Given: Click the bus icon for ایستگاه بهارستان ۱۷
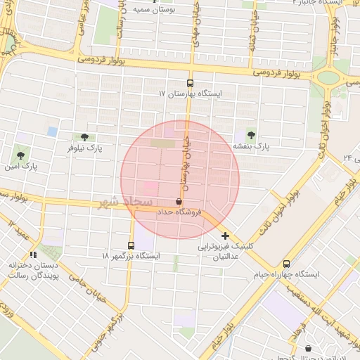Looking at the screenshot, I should click(x=191, y=82).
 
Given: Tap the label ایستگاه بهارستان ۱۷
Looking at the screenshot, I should click(x=191, y=93).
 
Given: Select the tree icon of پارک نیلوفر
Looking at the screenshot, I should click(x=84, y=137).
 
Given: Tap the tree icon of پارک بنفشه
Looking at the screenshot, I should click(x=251, y=135).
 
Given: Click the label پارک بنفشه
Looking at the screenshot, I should click(x=252, y=146).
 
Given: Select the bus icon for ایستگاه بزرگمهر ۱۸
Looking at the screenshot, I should click(x=131, y=245).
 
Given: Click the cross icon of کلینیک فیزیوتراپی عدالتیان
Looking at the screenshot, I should click(x=225, y=235).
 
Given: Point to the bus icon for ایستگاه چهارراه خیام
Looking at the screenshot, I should click(x=285, y=263).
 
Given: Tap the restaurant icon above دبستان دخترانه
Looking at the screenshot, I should click(x=32, y=255).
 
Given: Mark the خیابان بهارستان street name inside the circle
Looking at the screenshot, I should click(x=186, y=162).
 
